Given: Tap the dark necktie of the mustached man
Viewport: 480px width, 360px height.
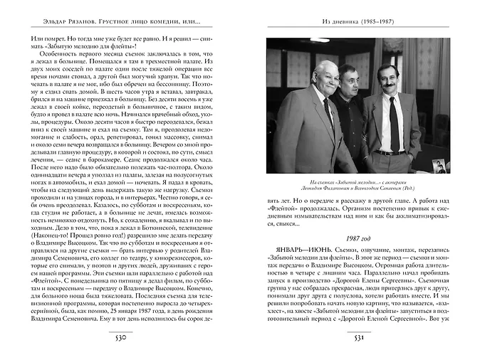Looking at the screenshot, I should click(x=393, y=125).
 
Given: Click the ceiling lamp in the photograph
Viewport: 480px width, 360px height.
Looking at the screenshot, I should click(x=319, y=41).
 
